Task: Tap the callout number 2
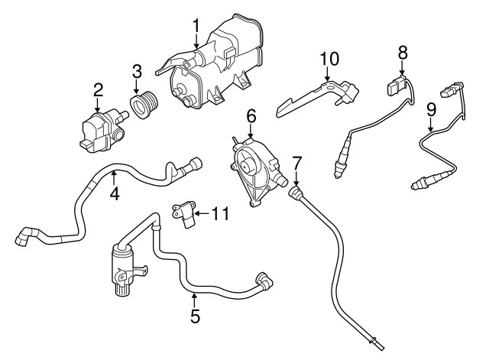click(x=98, y=90)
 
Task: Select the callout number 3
click(x=137, y=72)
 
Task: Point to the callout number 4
click(x=115, y=193)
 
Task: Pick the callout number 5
click(x=195, y=316)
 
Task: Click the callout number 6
click(x=251, y=116)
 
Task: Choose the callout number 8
click(x=403, y=53)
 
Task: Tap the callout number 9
click(x=431, y=110)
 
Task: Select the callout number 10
click(x=329, y=59)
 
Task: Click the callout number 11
click(x=221, y=214)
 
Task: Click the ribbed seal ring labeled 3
click(x=144, y=105)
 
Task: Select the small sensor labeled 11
click(x=184, y=214)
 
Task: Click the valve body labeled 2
click(x=104, y=131)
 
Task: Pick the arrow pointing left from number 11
click(x=202, y=214)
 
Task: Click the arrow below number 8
click(x=403, y=68)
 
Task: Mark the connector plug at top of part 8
click(x=396, y=85)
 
